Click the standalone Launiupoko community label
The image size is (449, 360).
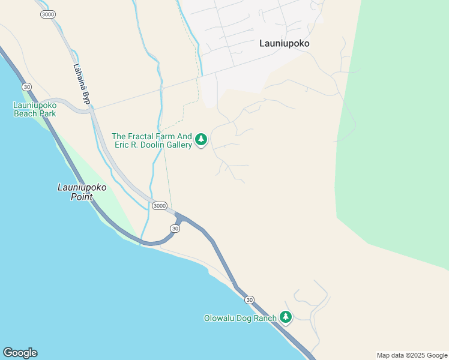pos(288,43)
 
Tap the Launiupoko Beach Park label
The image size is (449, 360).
pos(35,109)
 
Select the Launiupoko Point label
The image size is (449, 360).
pos(82,191)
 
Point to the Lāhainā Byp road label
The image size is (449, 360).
pos(81,85)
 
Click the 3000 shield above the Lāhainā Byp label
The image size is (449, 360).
pos(48,14)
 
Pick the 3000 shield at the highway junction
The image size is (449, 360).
pos(159,205)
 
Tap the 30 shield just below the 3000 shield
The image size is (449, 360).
pos(175,229)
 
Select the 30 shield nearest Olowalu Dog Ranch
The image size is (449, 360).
pos(249,299)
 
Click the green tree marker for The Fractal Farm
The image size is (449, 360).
pos(201,140)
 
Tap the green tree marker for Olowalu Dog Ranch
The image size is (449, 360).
pos(286,317)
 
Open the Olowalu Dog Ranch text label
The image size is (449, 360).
pos(240,318)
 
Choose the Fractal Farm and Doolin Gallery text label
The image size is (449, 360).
pos(152,140)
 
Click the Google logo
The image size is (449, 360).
pos(20,353)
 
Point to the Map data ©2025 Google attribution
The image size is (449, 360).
pos(412,355)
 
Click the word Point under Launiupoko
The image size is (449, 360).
pos(82,196)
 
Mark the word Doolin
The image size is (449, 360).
pos(146,145)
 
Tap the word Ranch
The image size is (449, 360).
pos(265,318)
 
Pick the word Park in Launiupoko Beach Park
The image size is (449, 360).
pos(47,113)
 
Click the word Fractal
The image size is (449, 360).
pos(143,136)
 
